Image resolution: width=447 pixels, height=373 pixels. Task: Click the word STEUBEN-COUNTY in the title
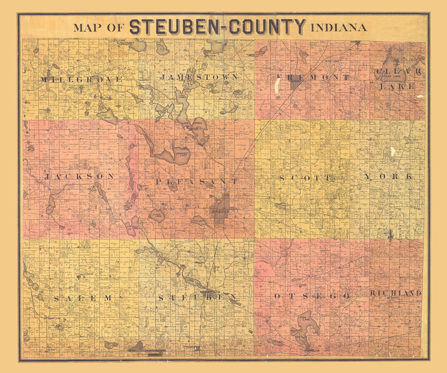click(x=218, y=27)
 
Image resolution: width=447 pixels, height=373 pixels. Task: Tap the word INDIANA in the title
click(x=339, y=28)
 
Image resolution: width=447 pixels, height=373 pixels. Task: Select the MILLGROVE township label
click(x=82, y=79)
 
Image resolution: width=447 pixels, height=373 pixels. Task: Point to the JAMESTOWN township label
click(x=199, y=77)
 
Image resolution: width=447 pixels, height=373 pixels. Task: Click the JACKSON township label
click(x=79, y=177)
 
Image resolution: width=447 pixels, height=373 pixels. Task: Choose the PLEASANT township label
click(x=197, y=182)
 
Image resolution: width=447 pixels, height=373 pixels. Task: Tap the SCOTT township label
click(x=305, y=178)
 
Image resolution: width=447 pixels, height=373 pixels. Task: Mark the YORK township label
click(x=388, y=177)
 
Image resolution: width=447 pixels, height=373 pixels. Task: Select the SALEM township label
click(x=83, y=298)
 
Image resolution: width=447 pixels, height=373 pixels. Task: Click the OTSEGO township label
click(x=312, y=296)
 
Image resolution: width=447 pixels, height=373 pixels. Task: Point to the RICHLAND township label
click(x=395, y=293)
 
